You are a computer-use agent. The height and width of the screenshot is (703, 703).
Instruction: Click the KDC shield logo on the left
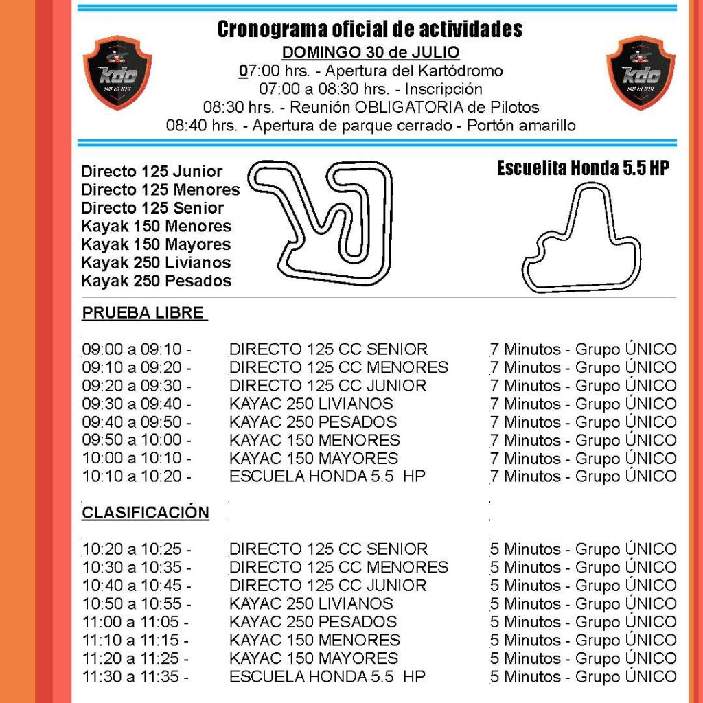[117, 72]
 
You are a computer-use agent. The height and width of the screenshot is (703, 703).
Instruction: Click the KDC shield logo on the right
[640, 72]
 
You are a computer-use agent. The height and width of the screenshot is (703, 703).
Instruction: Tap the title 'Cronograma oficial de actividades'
[369, 30]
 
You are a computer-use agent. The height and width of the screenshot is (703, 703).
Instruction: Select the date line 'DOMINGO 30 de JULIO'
[371, 53]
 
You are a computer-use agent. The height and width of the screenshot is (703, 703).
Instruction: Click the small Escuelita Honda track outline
[581, 240]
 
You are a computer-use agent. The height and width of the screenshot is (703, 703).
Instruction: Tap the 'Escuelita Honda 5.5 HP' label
[583, 169]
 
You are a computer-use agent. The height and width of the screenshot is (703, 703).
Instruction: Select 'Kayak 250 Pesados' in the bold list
[156, 281]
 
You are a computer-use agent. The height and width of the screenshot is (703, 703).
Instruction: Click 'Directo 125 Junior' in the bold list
[152, 172]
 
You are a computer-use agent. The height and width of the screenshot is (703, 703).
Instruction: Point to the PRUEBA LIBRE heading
[143, 313]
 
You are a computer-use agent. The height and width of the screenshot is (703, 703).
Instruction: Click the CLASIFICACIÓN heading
[146, 512]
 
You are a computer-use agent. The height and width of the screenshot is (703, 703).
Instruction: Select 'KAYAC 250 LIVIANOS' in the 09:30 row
[311, 404]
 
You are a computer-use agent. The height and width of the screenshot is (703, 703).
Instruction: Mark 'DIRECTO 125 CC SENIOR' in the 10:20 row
[328, 549]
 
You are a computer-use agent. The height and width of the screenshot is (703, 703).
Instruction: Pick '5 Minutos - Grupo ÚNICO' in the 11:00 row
[583, 622]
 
